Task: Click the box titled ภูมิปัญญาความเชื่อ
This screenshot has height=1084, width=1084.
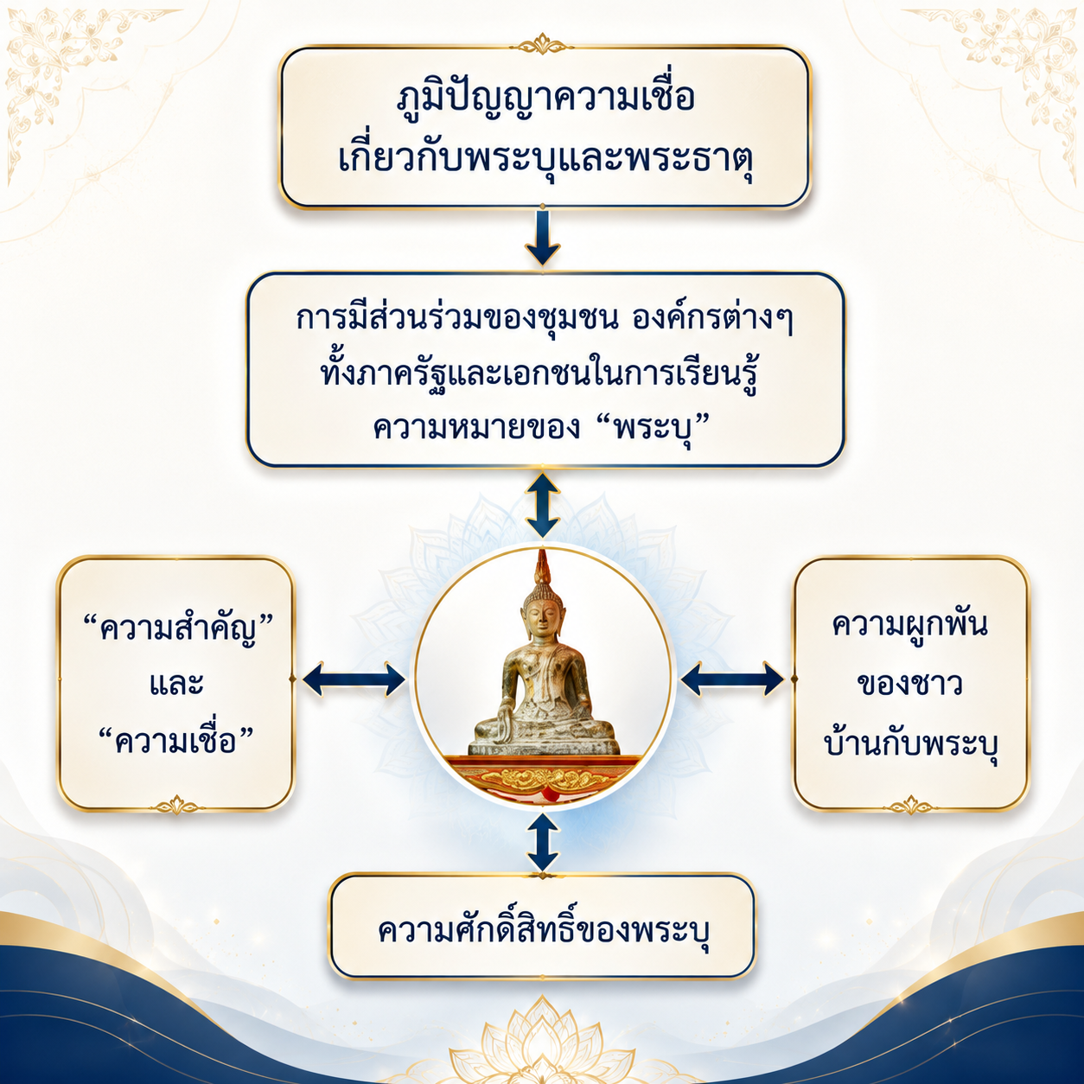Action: tap(545, 127)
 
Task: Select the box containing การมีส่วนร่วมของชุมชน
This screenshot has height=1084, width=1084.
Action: tap(545, 370)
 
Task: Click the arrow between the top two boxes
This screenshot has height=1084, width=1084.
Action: tap(542, 238)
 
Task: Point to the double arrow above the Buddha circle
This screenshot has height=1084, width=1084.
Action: tap(542, 505)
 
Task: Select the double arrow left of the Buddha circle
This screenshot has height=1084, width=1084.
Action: tap(354, 679)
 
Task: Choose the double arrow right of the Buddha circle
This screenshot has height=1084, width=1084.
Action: tap(732, 679)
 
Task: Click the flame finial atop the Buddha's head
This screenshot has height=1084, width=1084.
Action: tap(542, 567)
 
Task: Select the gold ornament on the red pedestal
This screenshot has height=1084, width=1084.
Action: tap(542, 779)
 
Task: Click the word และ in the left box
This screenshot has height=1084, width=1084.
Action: tap(176, 684)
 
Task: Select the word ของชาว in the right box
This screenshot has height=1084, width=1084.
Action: tap(909, 684)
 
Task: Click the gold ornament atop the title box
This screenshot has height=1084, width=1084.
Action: tap(543, 44)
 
